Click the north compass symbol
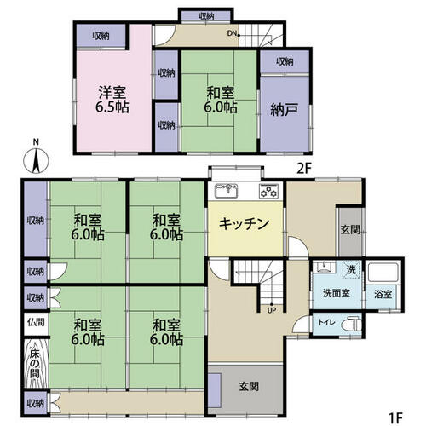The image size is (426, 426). (36, 160)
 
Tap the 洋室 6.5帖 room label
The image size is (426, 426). (112, 100)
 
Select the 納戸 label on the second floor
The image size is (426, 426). (284, 110)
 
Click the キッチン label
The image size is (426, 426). (245, 223)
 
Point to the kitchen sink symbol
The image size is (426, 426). (226, 191)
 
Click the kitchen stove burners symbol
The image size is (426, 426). (268, 191)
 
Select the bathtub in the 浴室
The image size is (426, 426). (383, 272)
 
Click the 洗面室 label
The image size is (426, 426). (337, 293)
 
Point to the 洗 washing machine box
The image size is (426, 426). (351, 269)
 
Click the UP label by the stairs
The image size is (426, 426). (272, 310)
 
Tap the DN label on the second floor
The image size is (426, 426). (232, 33)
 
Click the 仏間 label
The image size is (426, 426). (36, 322)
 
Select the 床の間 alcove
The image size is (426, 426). (35, 363)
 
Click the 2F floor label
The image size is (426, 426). (304, 169)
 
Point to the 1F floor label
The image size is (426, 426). (395, 417)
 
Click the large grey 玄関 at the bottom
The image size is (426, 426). (246, 389)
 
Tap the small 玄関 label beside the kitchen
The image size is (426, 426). (350, 230)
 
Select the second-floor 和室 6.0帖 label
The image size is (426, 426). (221, 100)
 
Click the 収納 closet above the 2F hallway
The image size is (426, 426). (206, 16)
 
